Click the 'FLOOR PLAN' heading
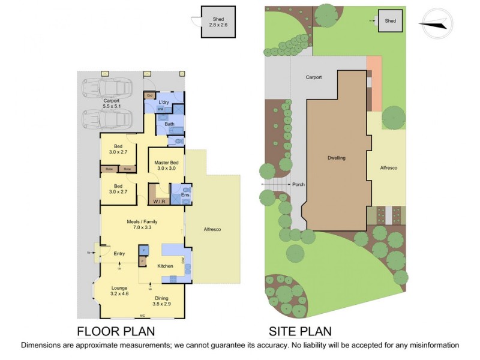click(116, 331)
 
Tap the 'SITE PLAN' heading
click(300, 331)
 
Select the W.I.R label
click(160, 202)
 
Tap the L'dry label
click(164, 103)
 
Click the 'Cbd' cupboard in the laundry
click(149, 95)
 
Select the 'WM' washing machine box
click(160, 110)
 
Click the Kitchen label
click(165, 266)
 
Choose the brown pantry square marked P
click(143, 261)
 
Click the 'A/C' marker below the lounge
click(142, 316)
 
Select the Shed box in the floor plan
click(217, 22)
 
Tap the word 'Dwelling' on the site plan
click(337, 158)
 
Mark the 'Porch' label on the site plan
click(299, 184)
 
